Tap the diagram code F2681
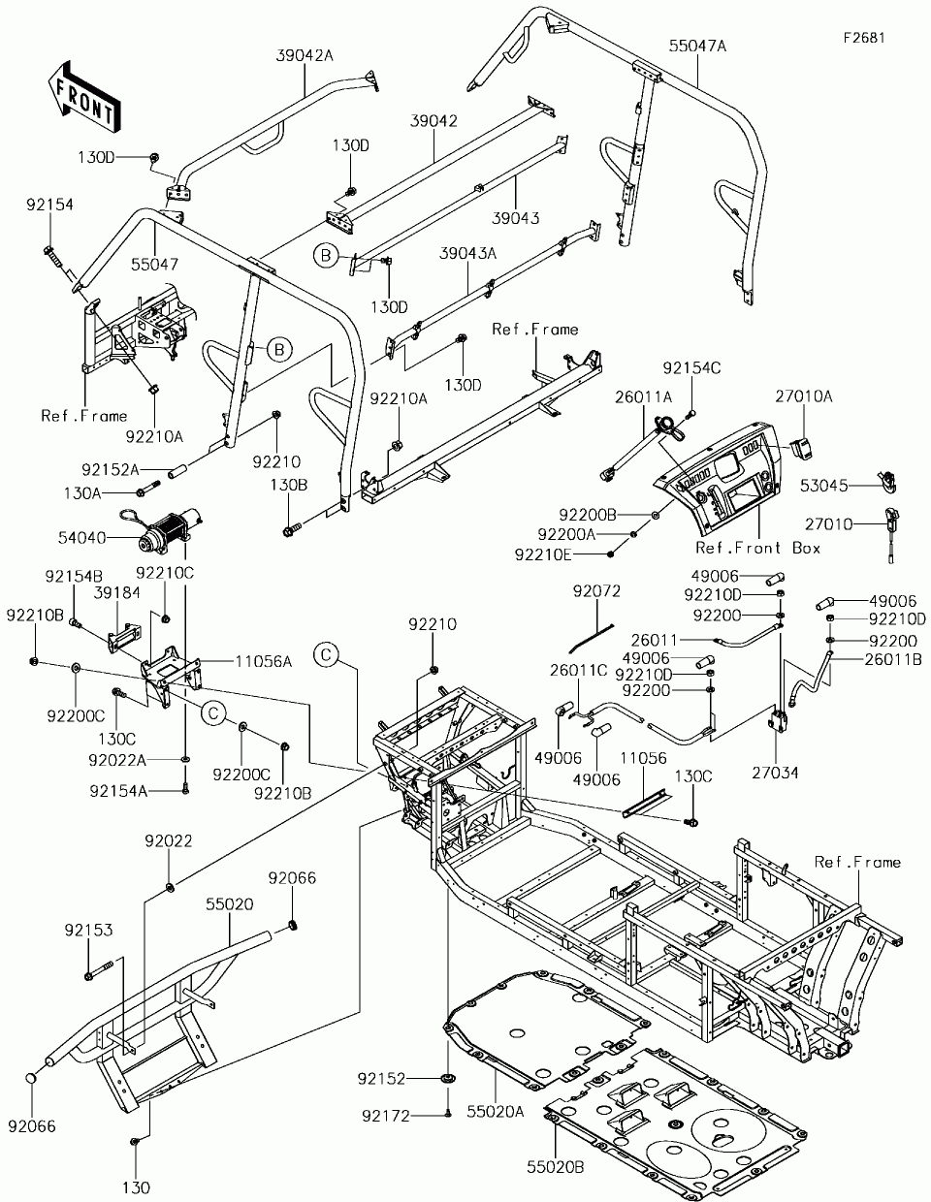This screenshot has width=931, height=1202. pos(864,38)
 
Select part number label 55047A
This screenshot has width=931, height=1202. pos(697,46)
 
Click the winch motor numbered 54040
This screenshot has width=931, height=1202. pos(168,530)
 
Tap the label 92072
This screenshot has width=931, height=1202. pos(596,590)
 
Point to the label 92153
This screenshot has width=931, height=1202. pos(89,930)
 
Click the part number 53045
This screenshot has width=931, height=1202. pos(823,483)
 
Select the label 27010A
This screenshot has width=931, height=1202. pos(830,396)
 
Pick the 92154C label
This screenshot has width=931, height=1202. pos(692,368)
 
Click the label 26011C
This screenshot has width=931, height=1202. pos(579,669)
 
